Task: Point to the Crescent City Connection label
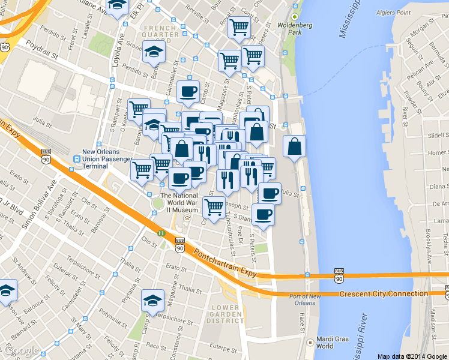click(x=383, y=294)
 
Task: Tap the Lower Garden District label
click(x=226, y=314)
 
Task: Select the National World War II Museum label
click(x=178, y=203)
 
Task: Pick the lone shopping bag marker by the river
click(x=294, y=146)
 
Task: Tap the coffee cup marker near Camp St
click(x=188, y=91)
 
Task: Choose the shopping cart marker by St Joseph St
click(x=214, y=207)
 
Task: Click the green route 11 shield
click(x=160, y=233)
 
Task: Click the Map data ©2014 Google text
click(x=412, y=356)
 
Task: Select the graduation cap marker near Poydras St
click(x=154, y=52)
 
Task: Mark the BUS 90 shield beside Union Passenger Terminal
click(x=46, y=155)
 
